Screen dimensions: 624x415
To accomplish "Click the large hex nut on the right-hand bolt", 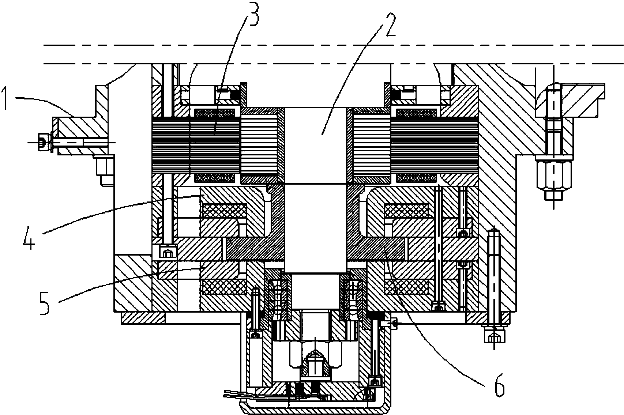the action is click(x=553, y=176).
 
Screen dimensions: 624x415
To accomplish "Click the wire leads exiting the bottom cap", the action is click(x=240, y=395).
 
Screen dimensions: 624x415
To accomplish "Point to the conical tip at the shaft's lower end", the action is click(x=315, y=359).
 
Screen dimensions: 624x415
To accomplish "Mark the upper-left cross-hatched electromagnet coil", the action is click(x=225, y=211).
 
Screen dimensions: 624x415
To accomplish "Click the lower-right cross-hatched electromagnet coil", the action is click(x=406, y=287).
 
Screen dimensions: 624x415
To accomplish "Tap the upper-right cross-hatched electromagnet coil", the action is click(x=406, y=211).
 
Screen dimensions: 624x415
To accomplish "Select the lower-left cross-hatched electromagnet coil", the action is click(x=225, y=287).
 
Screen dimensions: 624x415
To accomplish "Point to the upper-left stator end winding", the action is click(x=215, y=113).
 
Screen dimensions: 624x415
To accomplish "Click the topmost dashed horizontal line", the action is click(x=334, y=45).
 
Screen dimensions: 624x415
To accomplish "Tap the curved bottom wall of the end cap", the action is click(x=315, y=411).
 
